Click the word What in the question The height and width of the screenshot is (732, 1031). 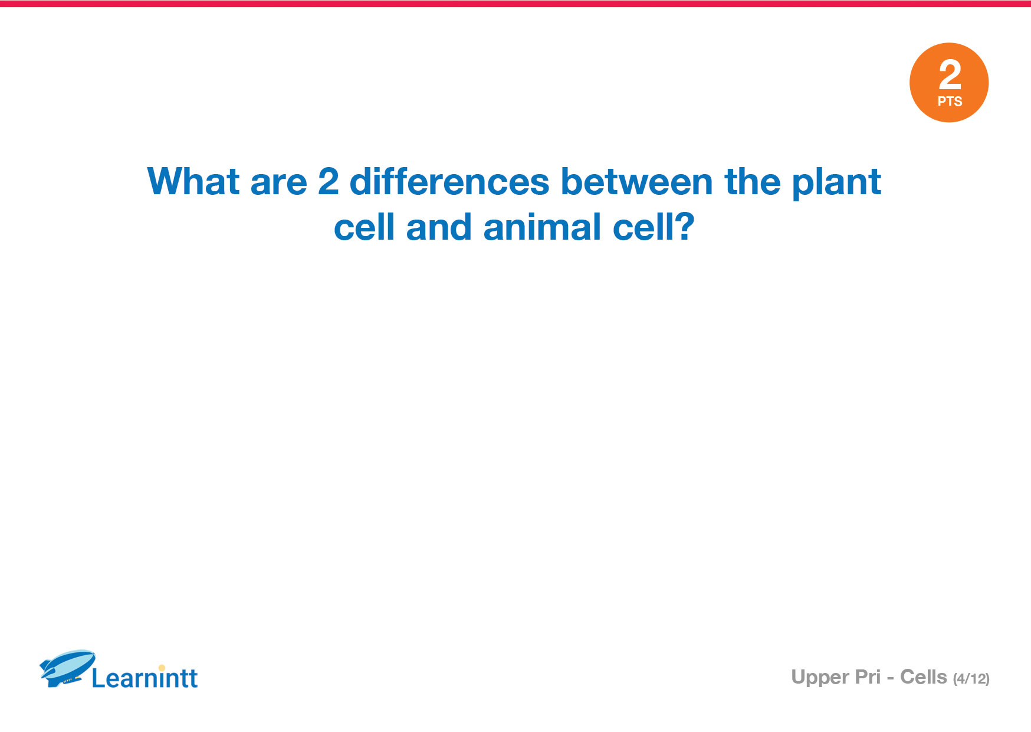193,181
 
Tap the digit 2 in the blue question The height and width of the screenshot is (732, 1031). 329,181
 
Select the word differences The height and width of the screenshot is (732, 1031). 449,181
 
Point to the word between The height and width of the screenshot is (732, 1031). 636,181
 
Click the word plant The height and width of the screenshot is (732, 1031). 836,183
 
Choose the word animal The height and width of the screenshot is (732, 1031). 542,227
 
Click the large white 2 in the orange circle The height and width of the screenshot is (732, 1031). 950,74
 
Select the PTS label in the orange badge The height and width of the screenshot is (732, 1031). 950,102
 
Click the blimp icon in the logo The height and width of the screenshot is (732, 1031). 67,668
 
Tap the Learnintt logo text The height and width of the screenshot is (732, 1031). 145,678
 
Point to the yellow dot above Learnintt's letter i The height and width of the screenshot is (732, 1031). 162,668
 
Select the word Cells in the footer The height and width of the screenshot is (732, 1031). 923,677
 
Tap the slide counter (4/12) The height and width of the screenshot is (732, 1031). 971,679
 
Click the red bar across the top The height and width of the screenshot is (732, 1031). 515,4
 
